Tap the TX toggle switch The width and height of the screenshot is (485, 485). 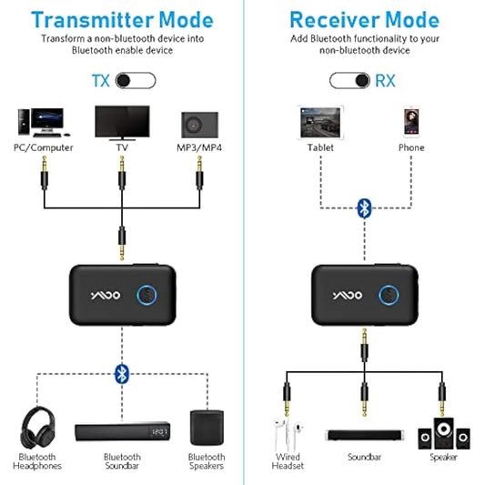coord(136,81)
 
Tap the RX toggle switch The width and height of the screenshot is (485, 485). coord(350,81)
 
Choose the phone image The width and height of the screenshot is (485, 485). coord(411,121)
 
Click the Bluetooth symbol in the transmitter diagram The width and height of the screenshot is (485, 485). coord(121,372)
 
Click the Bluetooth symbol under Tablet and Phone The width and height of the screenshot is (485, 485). coord(363,207)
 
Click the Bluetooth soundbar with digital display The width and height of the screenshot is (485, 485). coord(121,431)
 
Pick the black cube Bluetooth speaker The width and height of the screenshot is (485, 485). coord(206,427)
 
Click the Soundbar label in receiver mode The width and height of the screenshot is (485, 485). coord(364,459)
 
